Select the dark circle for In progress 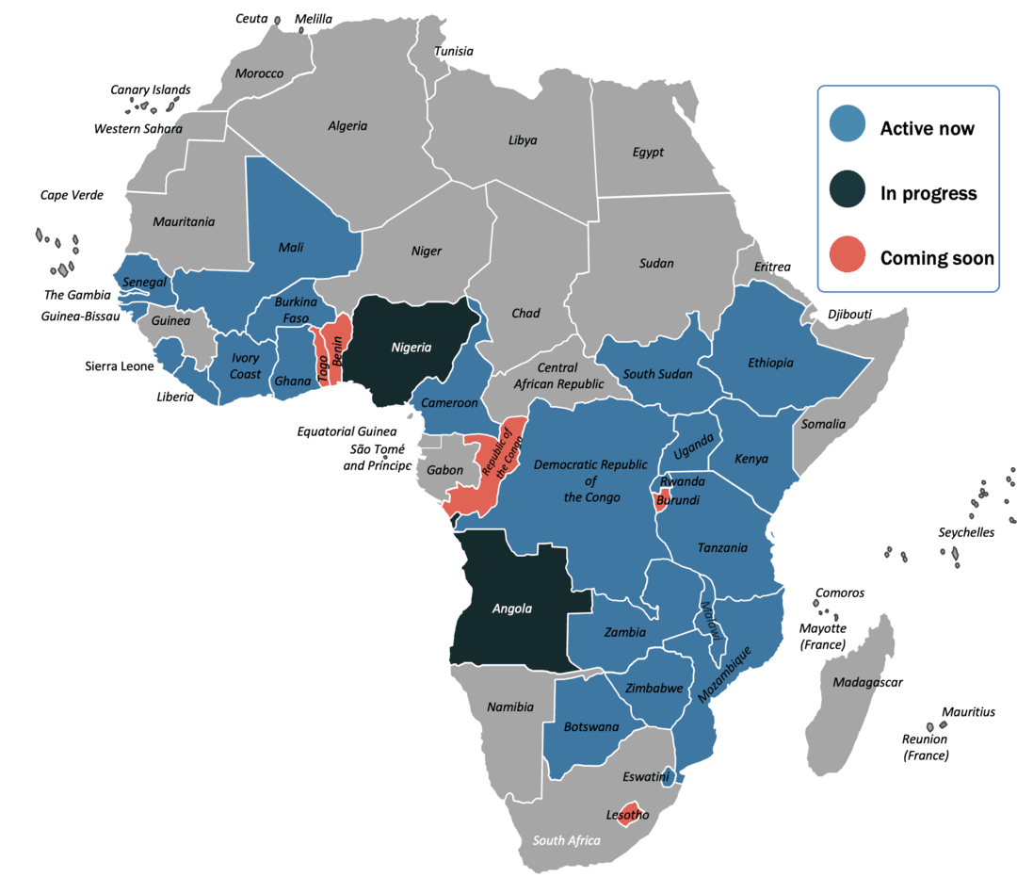[x=847, y=190]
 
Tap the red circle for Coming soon [x=847, y=255]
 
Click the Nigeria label [x=412, y=348]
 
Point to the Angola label [x=512, y=609]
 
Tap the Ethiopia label [x=770, y=363]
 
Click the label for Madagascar [x=866, y=682]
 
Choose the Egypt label [x=648, y=152]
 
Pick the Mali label [x=291, y=248]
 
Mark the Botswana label [x=591, y=726]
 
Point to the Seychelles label [x=966, y=532]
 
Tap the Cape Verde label [x=72, y=195]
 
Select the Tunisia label [x=455, y=52]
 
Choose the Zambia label [x=625, y=632]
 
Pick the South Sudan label [x=657, y=374]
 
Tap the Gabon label [x=444, y=470]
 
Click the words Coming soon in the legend [x=937, y=258]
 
